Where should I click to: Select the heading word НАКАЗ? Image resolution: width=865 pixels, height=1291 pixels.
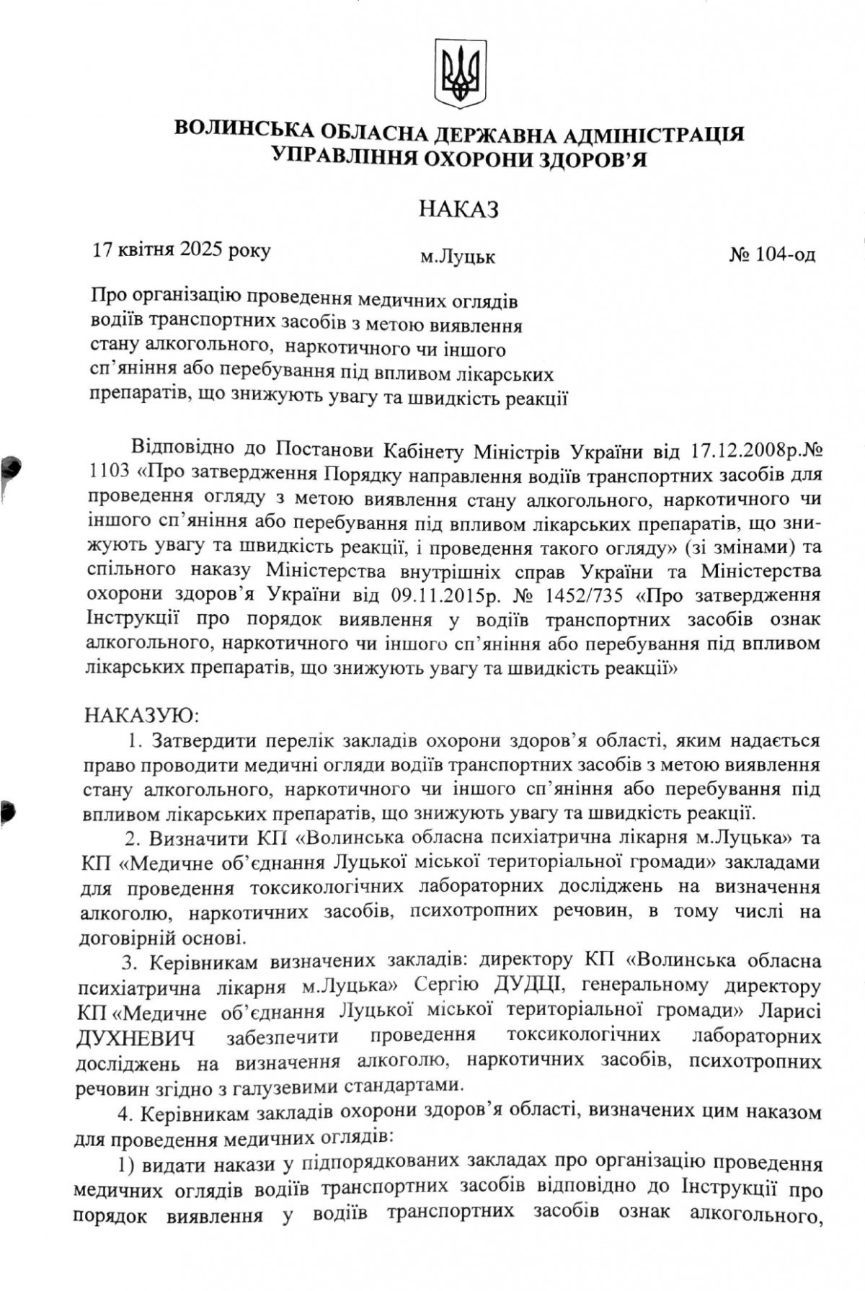point(459,210)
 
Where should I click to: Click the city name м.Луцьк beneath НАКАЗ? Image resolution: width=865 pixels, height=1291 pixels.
point(458,257)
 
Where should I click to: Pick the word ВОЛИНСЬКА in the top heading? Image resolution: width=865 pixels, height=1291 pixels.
point(241,131)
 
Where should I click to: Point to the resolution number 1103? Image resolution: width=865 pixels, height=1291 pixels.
point(109,474)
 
